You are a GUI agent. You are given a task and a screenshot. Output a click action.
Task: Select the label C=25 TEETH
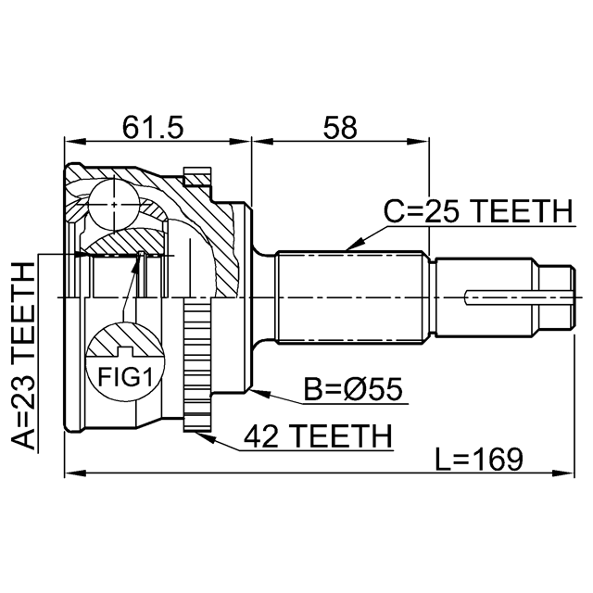[x=478, y=211]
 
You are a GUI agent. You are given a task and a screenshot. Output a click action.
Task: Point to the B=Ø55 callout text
[x=353, y=389]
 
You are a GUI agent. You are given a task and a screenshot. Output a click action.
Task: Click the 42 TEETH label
[x=318, y=436]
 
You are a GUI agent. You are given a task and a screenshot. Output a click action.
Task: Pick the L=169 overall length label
[x=479, y=460]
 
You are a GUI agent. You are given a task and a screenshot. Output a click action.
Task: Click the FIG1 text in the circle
[x=125, y=377]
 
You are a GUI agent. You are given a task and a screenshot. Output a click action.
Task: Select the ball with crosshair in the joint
[x=114, y=205]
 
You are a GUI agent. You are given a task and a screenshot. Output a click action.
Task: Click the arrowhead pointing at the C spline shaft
[x=356, y=244]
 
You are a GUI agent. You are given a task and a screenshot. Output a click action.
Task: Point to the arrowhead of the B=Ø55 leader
[x=260, y=393]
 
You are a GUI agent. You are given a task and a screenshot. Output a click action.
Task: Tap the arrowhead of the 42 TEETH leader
[x=206, y=437]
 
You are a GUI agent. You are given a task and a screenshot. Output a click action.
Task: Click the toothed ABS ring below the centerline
[x=197, y=364]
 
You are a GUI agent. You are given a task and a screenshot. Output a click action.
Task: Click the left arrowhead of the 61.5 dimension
[x=76, y=142]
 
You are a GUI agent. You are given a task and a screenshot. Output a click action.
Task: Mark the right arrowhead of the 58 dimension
[x=418, y=142]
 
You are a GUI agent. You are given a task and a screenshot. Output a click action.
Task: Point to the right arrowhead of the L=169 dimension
[x=563, y=473]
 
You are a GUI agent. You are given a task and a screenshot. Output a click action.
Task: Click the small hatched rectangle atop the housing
[x=197, y=178]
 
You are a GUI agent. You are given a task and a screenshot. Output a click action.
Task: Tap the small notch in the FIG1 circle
[x=125, y=352]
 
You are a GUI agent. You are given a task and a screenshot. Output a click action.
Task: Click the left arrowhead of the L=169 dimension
[x=76, y=473]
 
